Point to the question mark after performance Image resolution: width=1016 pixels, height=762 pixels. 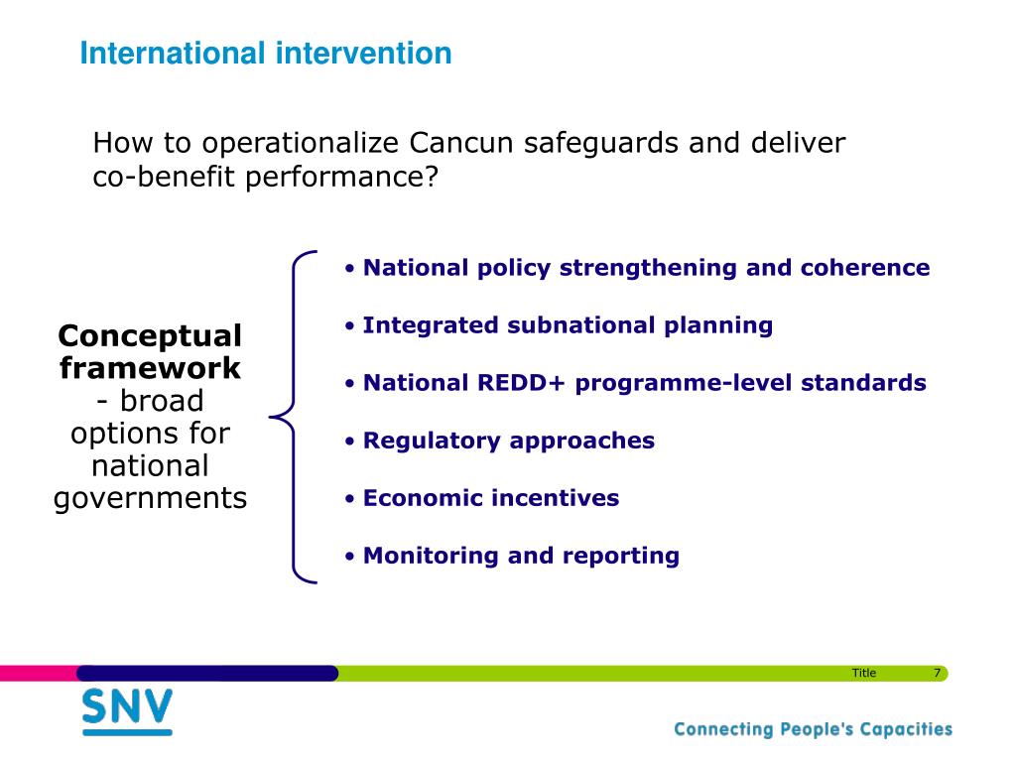(432, 177)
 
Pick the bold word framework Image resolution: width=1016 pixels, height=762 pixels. (150, 368)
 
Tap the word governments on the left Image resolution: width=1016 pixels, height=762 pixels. (151, 499)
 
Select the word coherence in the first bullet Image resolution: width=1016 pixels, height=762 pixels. (865, 268)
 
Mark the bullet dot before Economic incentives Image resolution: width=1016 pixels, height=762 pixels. (350, 499)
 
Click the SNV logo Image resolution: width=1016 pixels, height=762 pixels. (128, 711)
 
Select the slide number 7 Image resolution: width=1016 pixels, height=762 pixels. (937, 674)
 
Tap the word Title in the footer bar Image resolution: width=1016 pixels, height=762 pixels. (864, 674)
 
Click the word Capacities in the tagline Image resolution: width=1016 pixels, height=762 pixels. (906, 729)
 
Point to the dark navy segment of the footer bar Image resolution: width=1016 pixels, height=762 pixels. (207, 674)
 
